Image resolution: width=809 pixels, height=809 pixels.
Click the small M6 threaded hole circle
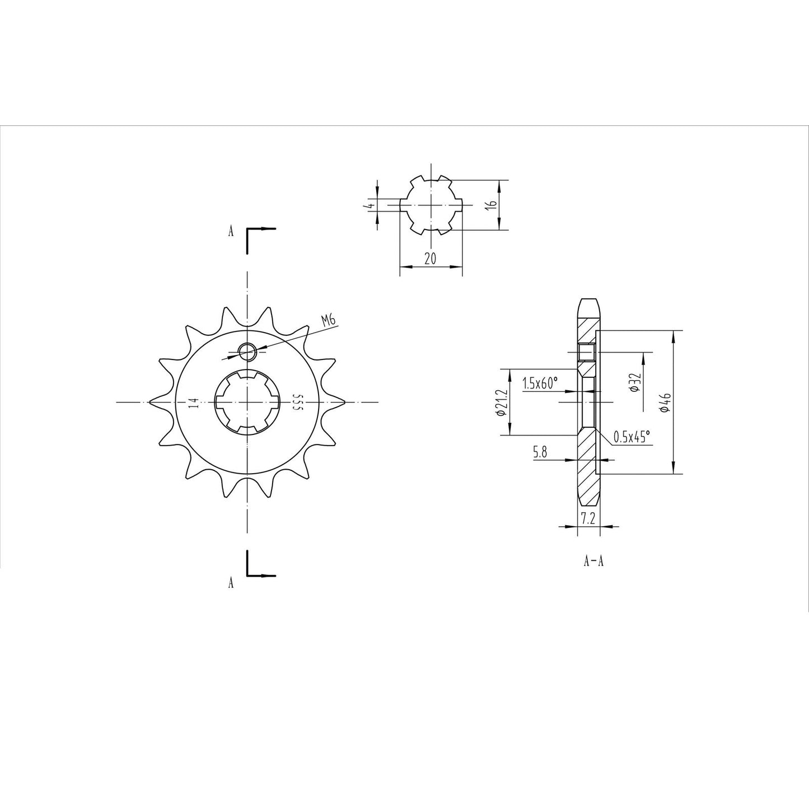click(x=246, y=352)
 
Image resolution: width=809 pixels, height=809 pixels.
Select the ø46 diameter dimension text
click(x=664, y=402)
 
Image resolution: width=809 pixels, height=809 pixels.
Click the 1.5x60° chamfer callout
click(x=540, y=384)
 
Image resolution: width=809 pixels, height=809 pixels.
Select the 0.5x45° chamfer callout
click(x=632, y=437)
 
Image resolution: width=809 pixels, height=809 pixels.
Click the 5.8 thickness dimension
click(x=540, y=453)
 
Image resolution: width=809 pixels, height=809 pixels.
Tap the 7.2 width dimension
click(x=587, y=519)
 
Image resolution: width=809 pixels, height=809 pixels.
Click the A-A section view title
click(x=593, y=561)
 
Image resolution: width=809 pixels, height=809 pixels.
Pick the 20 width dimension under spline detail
click(x=431, y=259)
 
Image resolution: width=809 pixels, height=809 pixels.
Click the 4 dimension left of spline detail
click(x=370, y=205)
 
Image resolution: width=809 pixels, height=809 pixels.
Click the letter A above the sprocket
click(x=231, y=232)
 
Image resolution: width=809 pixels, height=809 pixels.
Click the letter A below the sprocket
click(x=231, y=583)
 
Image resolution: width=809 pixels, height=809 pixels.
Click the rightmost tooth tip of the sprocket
click(x=343, y=401)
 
